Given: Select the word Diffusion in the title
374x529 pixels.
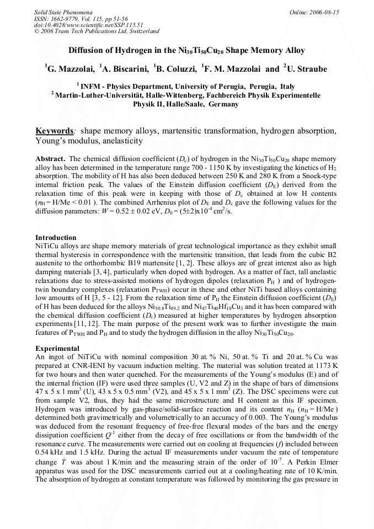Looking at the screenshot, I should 88,51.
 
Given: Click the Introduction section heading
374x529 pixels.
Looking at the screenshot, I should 56,238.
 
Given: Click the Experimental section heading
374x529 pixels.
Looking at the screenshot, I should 57,349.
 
